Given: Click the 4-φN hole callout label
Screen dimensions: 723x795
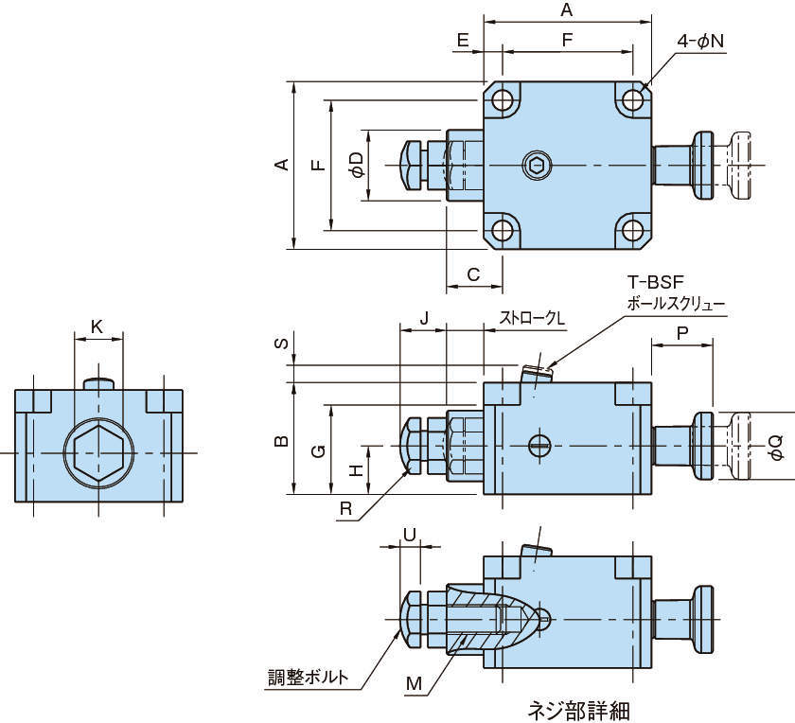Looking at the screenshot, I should (x=700, y=43).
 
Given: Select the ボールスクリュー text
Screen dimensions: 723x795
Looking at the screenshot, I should (x=676, y=304).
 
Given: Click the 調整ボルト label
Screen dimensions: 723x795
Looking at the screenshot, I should (x=307, y=678).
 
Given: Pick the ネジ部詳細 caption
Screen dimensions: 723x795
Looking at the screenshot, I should (x=577, y=709).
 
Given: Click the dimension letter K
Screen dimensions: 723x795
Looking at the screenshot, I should (x=97, y=326).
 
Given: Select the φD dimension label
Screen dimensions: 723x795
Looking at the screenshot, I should (x=356, y=165).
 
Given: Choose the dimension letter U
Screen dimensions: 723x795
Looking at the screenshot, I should (x=409, y=535).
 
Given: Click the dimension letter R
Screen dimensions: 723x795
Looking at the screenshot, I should (x=346, y=509).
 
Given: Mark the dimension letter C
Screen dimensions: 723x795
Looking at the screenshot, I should (x=473, y=274).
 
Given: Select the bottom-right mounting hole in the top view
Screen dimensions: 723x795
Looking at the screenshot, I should (x=631, y=230).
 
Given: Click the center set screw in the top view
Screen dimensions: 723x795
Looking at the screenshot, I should (x=537, y=166).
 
